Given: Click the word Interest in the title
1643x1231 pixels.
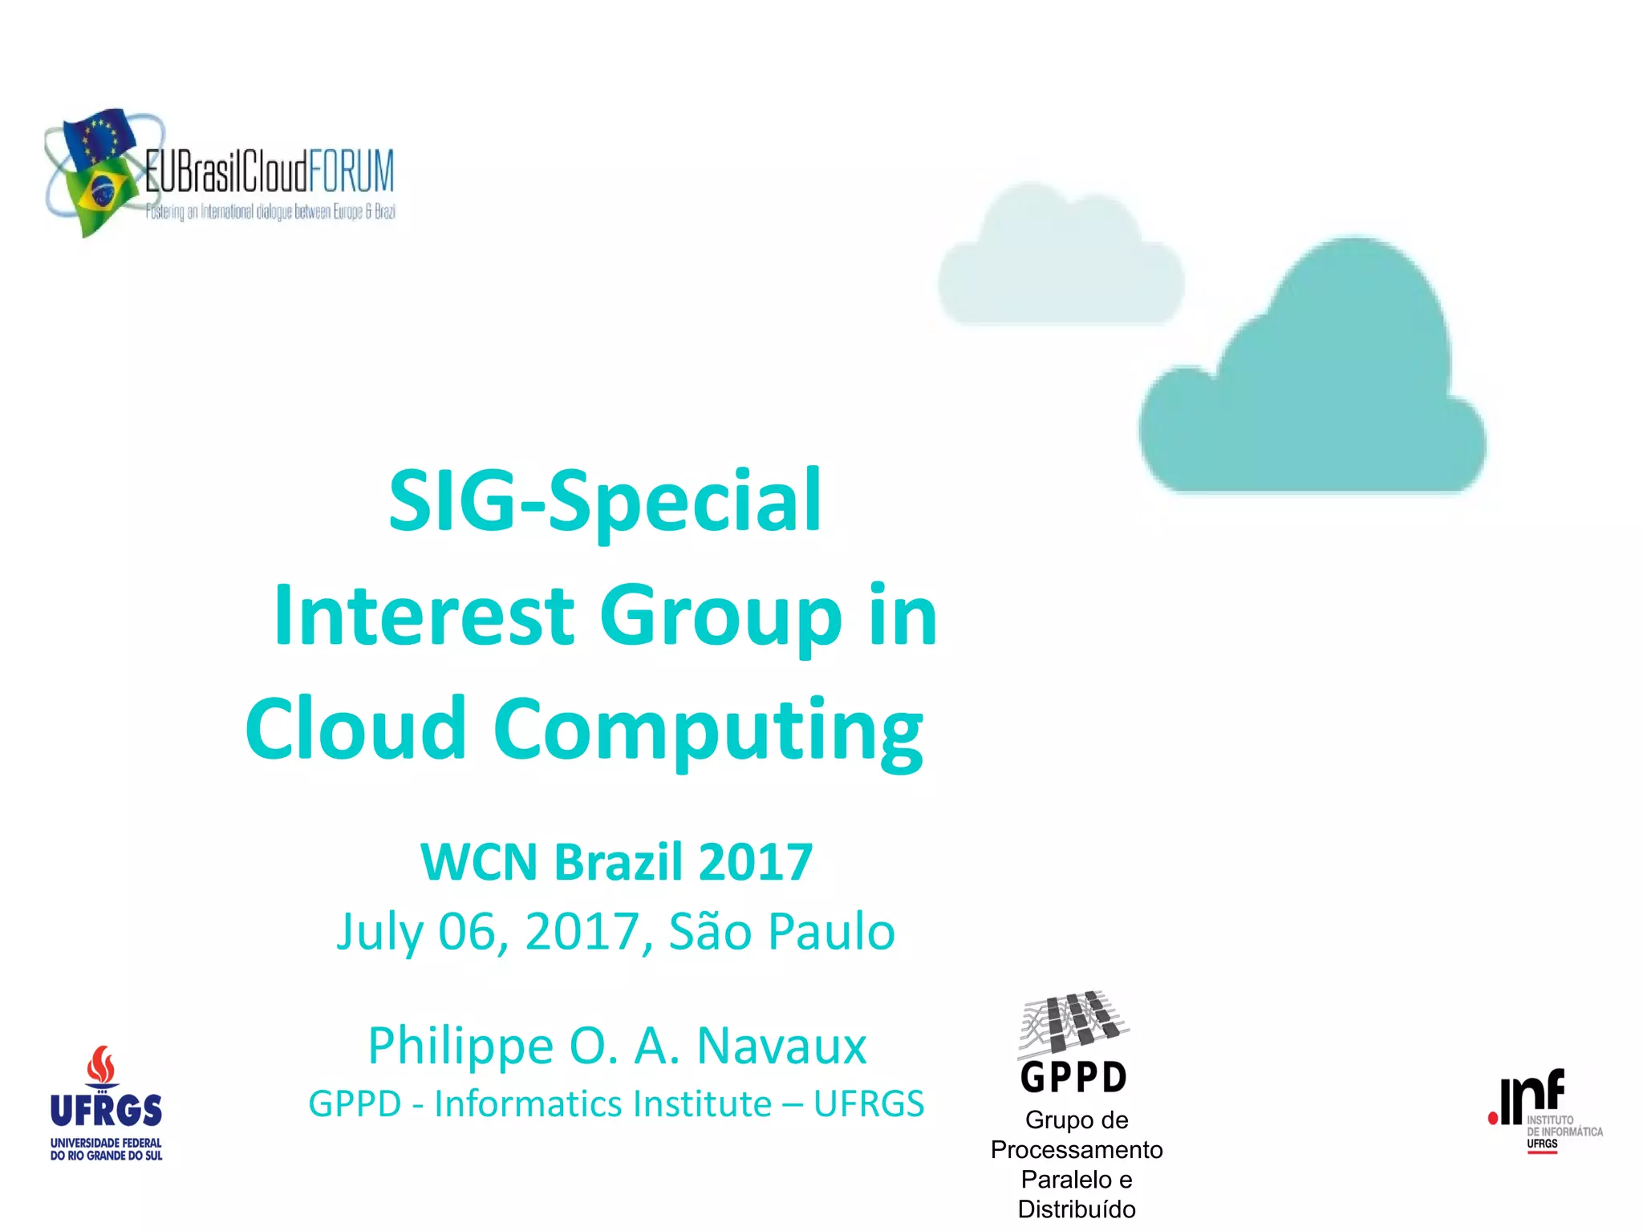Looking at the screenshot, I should pos(424,615).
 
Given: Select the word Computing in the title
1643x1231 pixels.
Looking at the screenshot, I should pos(708,730).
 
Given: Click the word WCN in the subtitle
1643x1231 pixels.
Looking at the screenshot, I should pos(478,862).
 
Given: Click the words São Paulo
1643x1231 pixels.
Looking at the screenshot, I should pos(781,932).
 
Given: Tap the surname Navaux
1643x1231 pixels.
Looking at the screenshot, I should pos(781,1046).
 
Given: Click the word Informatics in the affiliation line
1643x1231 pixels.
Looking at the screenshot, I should pos(602,1103).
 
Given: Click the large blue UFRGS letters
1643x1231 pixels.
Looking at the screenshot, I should pos(106,1111).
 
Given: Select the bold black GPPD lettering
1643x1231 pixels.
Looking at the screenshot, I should pos(1073,1077).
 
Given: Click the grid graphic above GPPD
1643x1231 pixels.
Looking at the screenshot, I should pos(1073,1022).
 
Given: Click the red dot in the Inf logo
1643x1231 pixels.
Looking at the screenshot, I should pos(1493,1118).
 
